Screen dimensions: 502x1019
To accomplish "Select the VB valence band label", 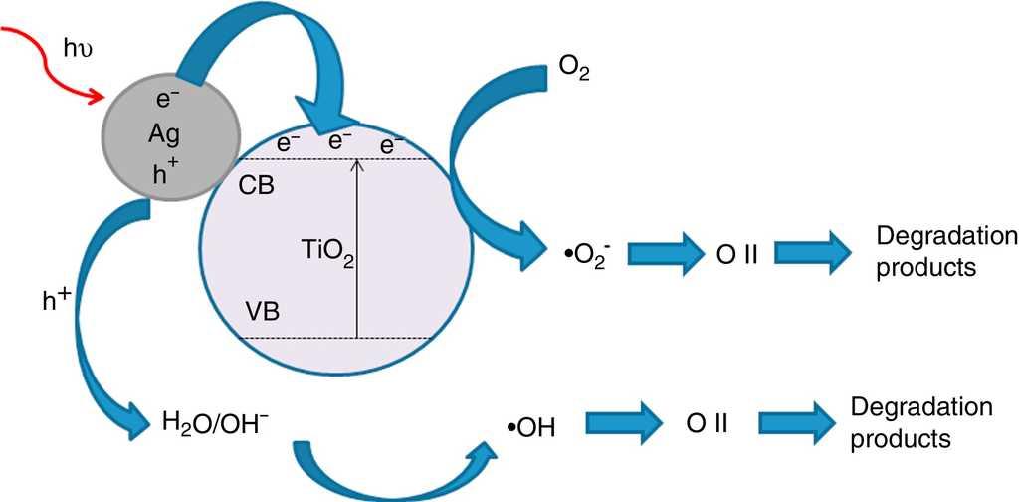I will [262, 312].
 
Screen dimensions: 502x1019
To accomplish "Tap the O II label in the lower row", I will [709, 423].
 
